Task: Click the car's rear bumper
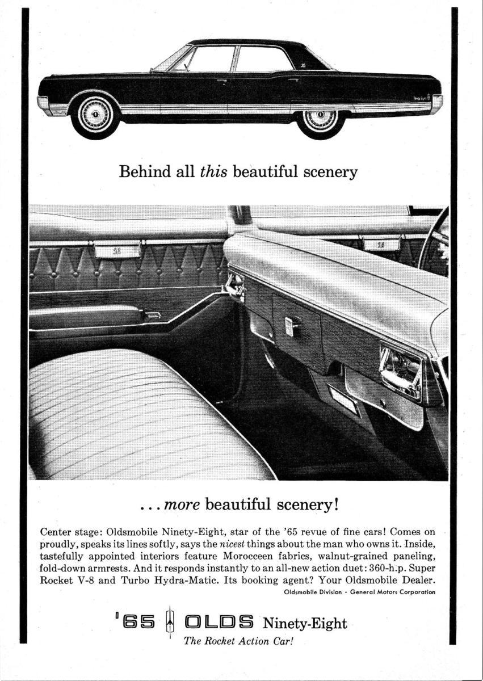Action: (x=436, y=104)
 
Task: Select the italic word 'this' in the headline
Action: (x=213, y=172)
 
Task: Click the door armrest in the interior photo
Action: (x=85, y=317)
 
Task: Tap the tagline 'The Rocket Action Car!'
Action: (x=238, y=642)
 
